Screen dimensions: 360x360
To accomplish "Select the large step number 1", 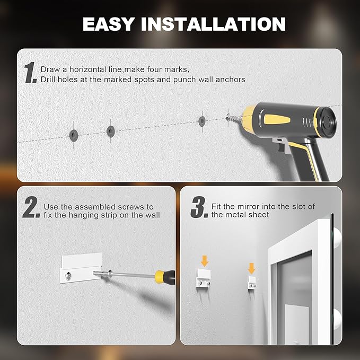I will pyautogui.click(x=30, y=73).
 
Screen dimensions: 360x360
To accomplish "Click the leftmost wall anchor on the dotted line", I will pyautogui.click(x=72, y=133).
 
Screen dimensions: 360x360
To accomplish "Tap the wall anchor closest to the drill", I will pyautogui.click(x=202, y=120).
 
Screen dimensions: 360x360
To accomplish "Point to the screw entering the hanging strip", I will pyautogui.click(x=103, y=274).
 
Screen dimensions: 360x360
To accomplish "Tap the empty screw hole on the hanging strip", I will pyautogui.click(x=68, y=275).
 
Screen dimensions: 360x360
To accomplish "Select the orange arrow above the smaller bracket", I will pyautogui.click(x=251, y=267).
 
